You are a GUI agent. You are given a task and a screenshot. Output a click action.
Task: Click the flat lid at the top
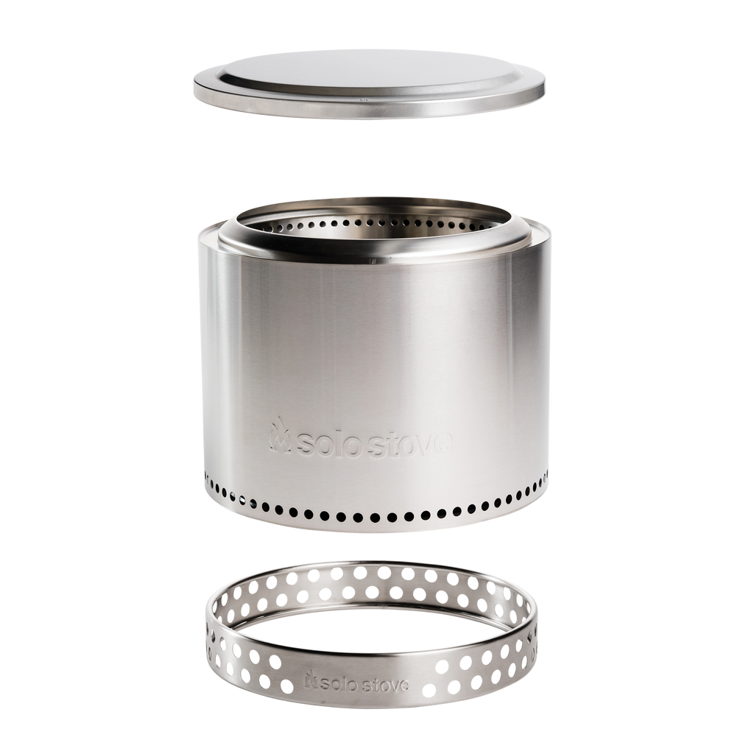point(370,84)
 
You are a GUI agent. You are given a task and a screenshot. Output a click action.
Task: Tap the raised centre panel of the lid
point(370,71)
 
